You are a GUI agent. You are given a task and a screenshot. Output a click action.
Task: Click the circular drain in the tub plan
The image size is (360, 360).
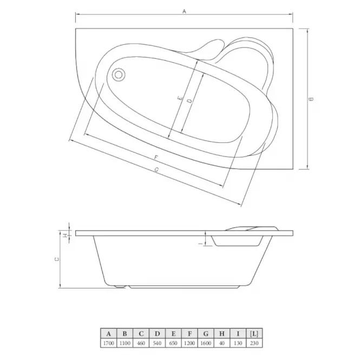coord(119,75)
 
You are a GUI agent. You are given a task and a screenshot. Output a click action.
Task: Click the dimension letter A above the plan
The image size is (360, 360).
coord(184,11)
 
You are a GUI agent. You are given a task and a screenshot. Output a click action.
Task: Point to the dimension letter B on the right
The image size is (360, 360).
coord(311,99)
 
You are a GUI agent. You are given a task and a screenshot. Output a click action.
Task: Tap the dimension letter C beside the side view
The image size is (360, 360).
coord(57,259)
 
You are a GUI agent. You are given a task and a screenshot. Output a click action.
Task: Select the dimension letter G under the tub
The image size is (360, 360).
coord(156,169)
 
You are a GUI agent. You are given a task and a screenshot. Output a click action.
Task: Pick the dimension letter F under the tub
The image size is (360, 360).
coord(156,158)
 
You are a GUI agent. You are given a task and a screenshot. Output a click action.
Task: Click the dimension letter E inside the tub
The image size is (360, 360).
coord(180,99)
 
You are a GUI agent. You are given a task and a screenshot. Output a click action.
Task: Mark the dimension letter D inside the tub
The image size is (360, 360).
coord(189,101)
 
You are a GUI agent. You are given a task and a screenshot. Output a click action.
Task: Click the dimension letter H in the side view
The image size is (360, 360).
coord(66,235)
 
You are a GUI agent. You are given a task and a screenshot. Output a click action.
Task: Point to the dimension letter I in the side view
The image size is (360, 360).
coord(202,244)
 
